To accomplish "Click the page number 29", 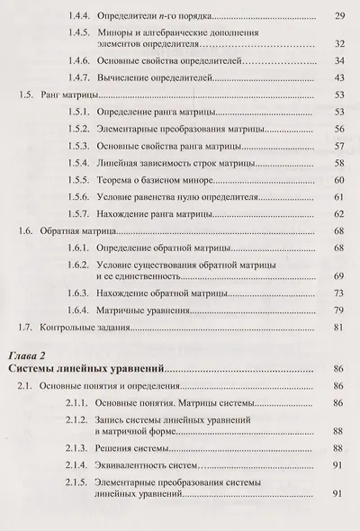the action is pyautogui.click(x=338, y=17).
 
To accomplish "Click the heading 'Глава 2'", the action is pyautogui.click(x=30, y=355).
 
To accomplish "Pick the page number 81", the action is pyautogui.click(x=338, y=328).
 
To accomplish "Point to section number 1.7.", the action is pyautogui.click(x=29, y=328).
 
